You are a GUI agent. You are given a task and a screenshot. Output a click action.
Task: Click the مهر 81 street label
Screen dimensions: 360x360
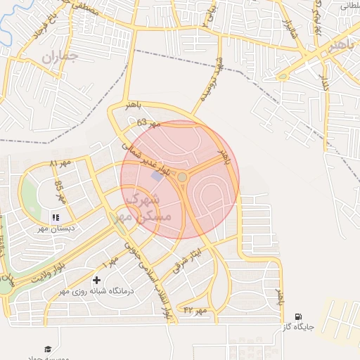pos(61,164)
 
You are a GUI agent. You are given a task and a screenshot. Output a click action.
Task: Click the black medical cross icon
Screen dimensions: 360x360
pos(96,281)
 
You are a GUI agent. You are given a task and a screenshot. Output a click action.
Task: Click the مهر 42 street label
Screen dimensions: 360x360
pos(195,310)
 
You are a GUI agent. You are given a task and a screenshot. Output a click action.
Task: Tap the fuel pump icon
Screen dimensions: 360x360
pos(300,317)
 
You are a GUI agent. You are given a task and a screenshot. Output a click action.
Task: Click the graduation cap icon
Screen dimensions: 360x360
pos(48,349)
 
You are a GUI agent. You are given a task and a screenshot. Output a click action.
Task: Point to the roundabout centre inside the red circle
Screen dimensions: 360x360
pos(182,177)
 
